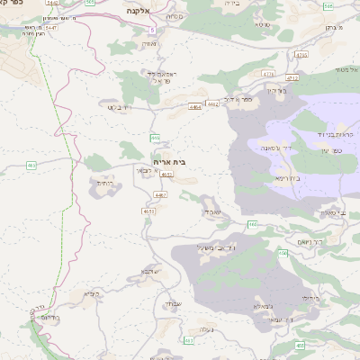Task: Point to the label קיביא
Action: coord(91,293)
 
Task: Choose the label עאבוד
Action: coord(208,211)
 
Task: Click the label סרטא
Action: coord(263,23)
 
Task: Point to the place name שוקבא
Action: coord(150,271)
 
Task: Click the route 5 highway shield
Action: coord(153,30)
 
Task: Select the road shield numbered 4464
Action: coord(195,106)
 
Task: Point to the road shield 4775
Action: coord(267,71)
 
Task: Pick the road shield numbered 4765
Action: coord(301,54)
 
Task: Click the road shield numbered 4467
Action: coord(160,194)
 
